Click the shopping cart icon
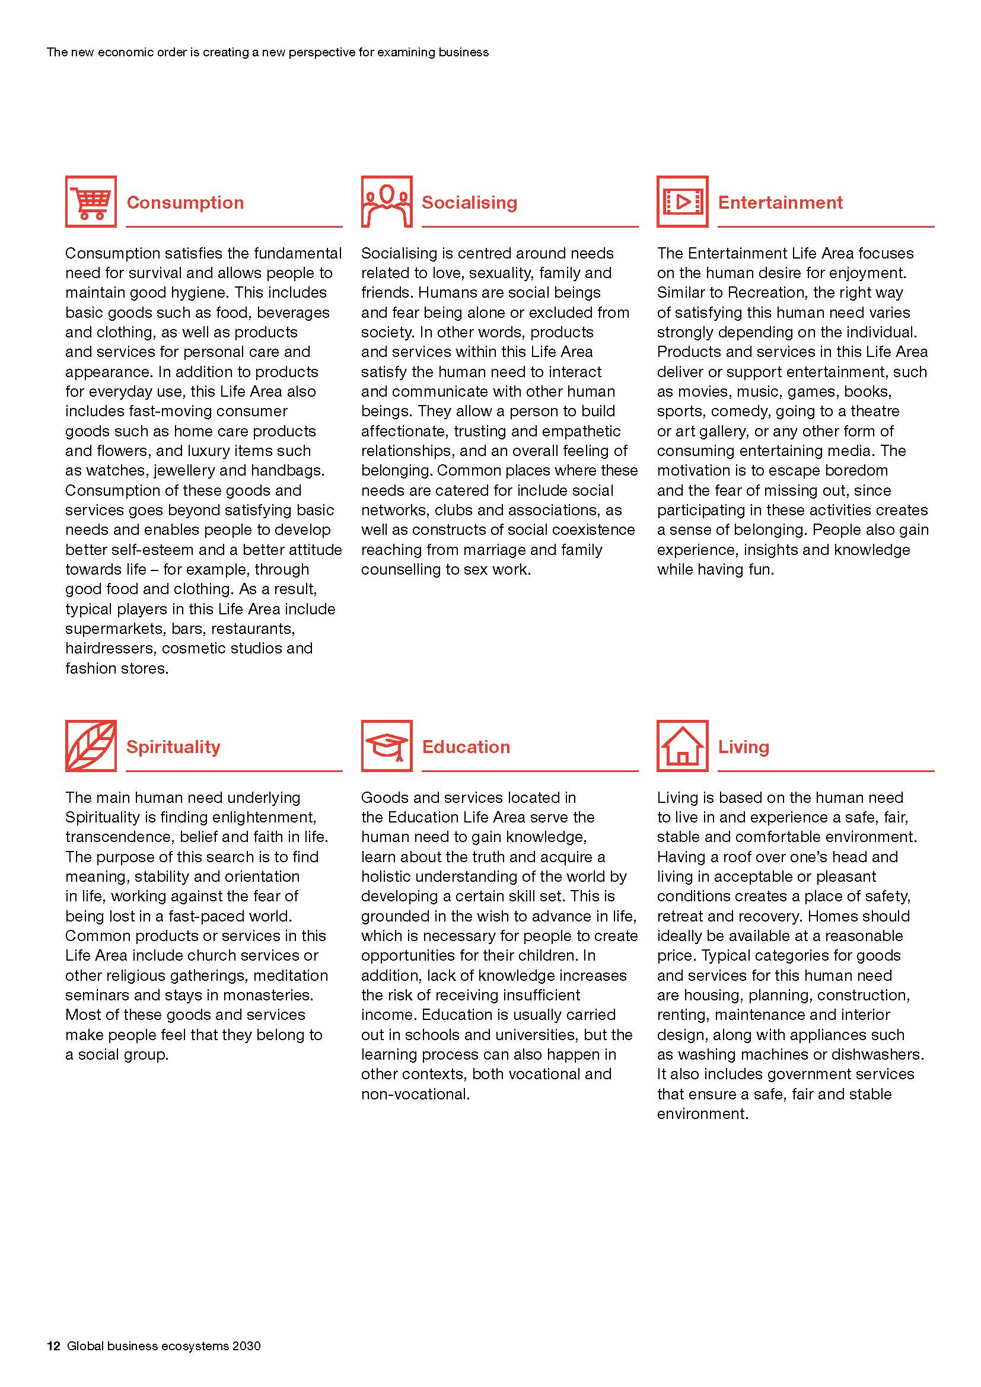coord(91,202)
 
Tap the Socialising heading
coord(469,202)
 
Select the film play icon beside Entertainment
coord(683,202)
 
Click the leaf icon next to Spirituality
coord(91,746)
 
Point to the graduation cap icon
coord(387,746)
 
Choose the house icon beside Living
coord(683,746)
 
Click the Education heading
coord(466,747)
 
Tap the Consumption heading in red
coord(186,202)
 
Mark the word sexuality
coord(496,273)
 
